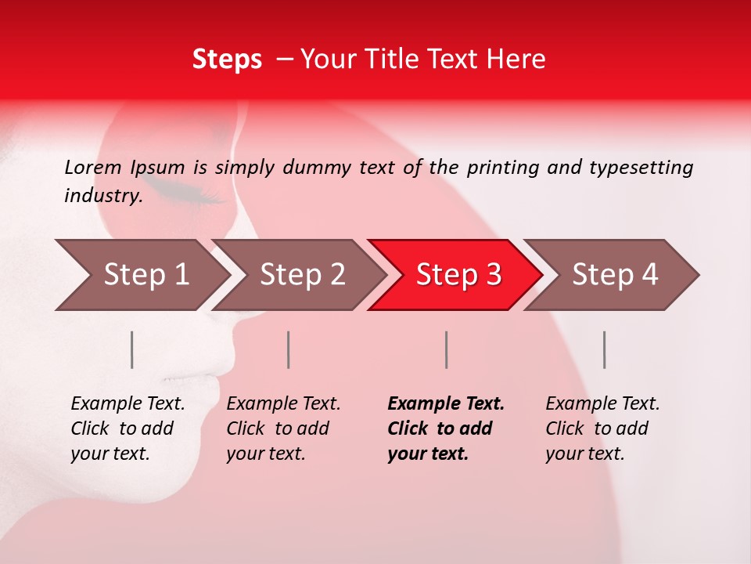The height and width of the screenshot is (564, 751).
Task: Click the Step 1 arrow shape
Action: (x=141, y=275)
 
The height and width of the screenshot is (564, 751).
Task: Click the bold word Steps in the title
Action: (x=227, y=59)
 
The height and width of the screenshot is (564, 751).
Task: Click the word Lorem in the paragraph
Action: (x=92, y=167)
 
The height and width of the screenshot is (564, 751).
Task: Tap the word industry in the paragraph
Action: (x=102, y=196)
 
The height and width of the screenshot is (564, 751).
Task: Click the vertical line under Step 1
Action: (x=132, y=349)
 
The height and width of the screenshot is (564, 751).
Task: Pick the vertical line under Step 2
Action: (x=289, y=349)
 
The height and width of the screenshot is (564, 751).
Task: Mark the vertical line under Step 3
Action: (x=446, y=349)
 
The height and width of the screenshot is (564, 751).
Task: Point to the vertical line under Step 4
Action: (x=604, y=349)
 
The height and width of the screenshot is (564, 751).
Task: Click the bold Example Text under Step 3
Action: (x=446, y=404)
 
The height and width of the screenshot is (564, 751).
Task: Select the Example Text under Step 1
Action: (x=128, y=404)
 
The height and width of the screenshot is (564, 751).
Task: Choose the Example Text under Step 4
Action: (x=602, y=404)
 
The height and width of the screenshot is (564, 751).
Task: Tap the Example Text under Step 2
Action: (x=283, y=404)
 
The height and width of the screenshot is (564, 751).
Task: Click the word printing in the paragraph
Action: (x=501, y=167)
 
